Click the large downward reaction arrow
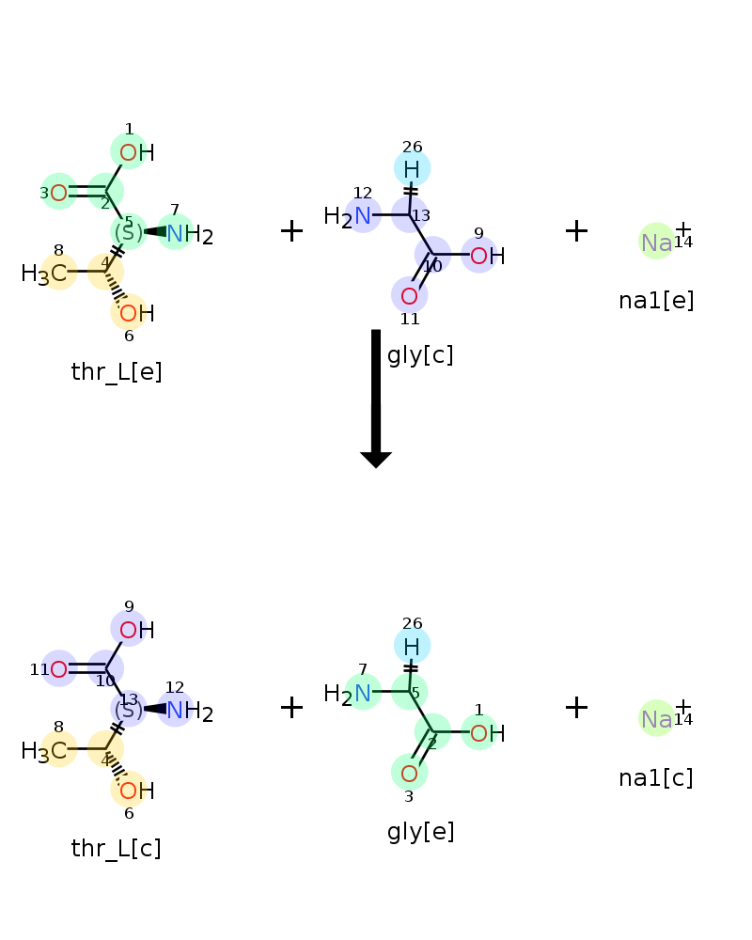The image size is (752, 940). pos(376,398)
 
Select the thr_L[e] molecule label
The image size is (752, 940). pos(117,372)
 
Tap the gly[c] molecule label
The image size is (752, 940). pos(420,355)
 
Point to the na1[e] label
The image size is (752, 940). pos(656,301)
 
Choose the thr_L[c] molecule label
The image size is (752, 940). pos(117,849)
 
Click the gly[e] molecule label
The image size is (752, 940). pos(420,832)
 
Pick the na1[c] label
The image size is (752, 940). pos(656,778)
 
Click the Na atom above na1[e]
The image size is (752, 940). pos(657,243)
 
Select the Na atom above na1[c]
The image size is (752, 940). pos(657,719)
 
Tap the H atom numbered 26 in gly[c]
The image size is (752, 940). pos(412,169)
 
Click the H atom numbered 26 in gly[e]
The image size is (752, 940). pos(412,647)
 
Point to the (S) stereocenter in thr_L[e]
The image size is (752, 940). pos(129,232)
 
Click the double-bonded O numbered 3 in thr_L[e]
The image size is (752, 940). pos(59,193)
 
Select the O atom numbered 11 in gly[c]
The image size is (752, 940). pos(409,296)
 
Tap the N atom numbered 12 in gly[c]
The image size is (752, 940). pos(362,216)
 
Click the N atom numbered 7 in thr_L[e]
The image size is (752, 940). pos(175,234)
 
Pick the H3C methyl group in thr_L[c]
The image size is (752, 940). pos(44,751)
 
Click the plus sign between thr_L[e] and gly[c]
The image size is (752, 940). pos(292,231)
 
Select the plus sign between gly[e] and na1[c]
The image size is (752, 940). pos(576,708)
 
